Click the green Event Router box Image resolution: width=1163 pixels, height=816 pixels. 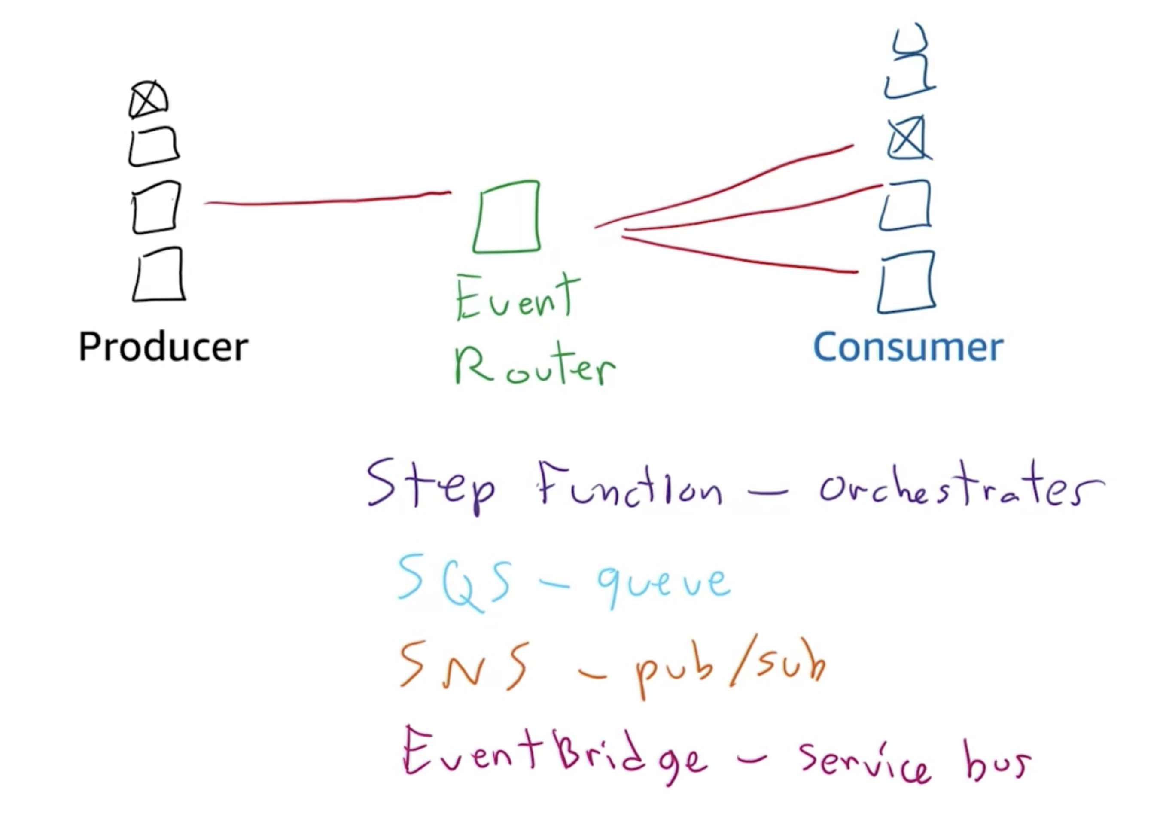point(506,217)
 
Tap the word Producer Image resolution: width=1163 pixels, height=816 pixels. point(163,347)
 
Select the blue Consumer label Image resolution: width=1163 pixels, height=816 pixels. point(908,347)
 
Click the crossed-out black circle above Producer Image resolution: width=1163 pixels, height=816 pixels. point(148,99)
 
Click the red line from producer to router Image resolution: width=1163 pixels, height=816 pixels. point(324,201)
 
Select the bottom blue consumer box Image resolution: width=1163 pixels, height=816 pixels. point(906,282)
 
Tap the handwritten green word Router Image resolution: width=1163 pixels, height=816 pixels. point(534,365)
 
